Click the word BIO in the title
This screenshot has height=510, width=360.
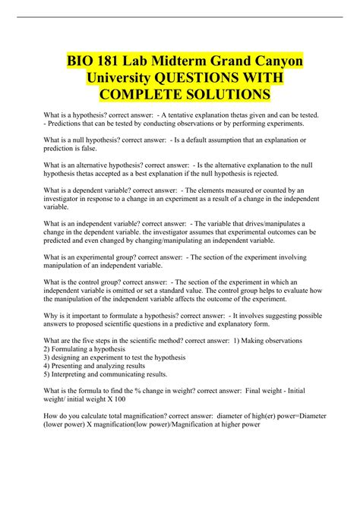75,60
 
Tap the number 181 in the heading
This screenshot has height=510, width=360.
106,60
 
